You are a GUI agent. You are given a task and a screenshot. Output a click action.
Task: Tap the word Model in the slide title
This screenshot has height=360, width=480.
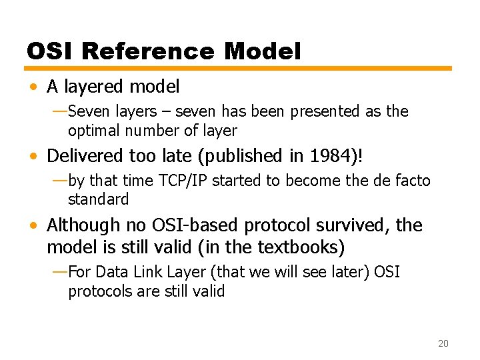click(263, 51)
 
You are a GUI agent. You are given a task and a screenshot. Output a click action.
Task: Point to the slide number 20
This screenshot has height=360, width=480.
click(443, 343)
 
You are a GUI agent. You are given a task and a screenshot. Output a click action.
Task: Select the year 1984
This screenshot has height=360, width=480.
click(333, 156)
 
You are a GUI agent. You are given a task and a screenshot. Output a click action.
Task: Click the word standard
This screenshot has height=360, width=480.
click(98, 199)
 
